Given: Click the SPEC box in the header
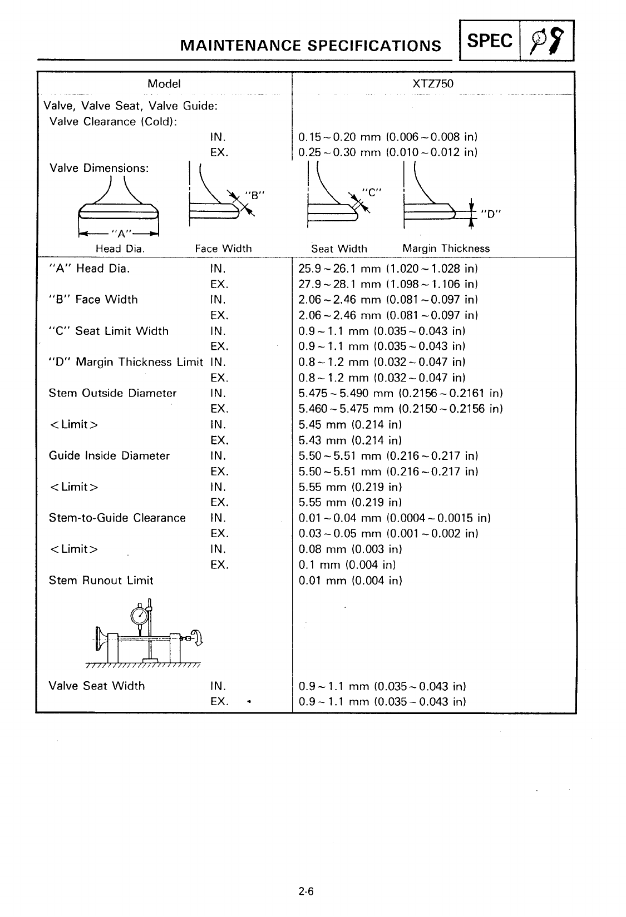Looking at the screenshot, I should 489,41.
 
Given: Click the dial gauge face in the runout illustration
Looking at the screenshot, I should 139,616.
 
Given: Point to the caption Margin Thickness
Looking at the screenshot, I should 446,249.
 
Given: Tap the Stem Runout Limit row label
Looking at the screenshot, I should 101,581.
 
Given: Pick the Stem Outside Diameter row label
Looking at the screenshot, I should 112,393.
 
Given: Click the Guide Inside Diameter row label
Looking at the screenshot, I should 109,456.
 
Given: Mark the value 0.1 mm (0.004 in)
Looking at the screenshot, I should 347,565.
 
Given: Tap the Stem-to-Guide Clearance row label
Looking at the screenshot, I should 117,518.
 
